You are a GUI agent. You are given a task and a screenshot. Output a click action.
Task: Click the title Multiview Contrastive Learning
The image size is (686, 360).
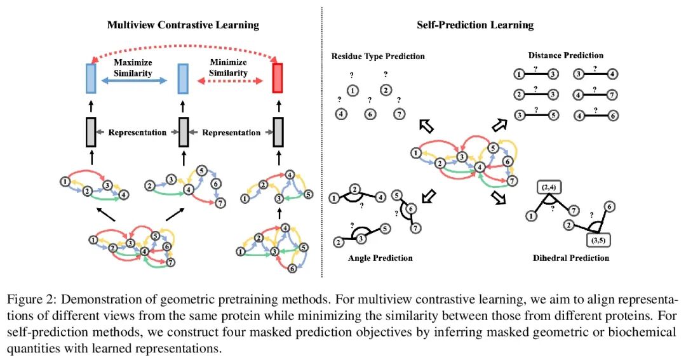pos(183,25)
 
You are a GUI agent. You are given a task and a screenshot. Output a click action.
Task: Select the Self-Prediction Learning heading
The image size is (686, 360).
pos(474,25)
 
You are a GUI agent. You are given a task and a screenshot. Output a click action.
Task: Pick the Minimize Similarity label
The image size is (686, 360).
pos(230,67)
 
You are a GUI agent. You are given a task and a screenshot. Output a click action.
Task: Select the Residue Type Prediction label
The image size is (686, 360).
pos(378,57)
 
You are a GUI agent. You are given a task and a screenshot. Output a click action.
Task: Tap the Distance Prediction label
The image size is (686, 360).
pos(565,55)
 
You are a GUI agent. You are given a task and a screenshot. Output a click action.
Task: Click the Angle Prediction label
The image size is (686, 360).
pos(380,258)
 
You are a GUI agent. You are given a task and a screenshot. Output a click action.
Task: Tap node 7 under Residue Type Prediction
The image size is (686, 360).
pos(398,114)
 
